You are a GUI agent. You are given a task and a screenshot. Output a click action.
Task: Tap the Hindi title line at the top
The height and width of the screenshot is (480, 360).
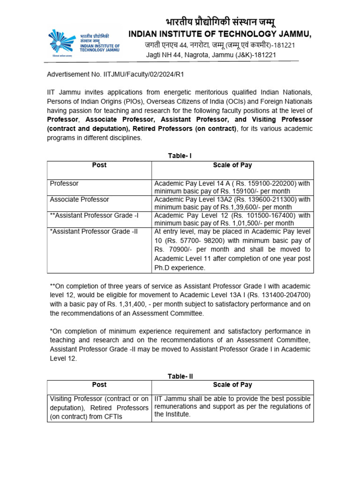[219, 22]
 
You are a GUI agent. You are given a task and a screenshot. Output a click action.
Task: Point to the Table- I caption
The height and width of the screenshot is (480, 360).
[180, 156]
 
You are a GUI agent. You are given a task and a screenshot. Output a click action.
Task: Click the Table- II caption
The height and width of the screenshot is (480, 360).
[180, 375]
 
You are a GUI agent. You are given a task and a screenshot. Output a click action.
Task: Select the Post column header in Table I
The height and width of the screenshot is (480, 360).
[99, 165]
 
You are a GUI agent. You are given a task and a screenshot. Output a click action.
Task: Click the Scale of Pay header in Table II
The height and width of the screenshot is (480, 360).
[232, 385]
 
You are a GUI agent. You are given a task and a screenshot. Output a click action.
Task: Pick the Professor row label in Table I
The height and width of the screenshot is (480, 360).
[64, 183]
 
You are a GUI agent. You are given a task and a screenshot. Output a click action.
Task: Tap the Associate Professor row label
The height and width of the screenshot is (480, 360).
[79, 199]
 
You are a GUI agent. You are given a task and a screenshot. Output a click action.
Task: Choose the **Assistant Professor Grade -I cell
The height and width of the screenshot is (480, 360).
[94, 215]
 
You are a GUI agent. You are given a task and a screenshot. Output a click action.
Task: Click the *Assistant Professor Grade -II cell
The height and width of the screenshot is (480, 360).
[93, 231]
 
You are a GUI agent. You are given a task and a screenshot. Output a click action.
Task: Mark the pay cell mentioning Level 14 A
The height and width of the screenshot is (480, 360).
[232, 187]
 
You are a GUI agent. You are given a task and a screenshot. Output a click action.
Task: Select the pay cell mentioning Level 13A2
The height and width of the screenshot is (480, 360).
[232, 203]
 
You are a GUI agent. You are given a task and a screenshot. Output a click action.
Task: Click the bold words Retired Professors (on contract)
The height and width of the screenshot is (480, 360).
[185, 128]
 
